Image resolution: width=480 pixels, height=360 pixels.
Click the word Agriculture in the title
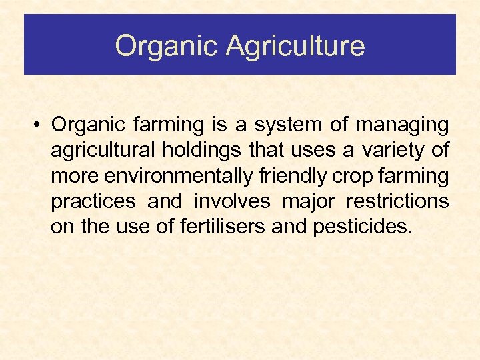[x=295, y=47]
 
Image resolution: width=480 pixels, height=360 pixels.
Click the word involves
[x=232, y=201]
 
